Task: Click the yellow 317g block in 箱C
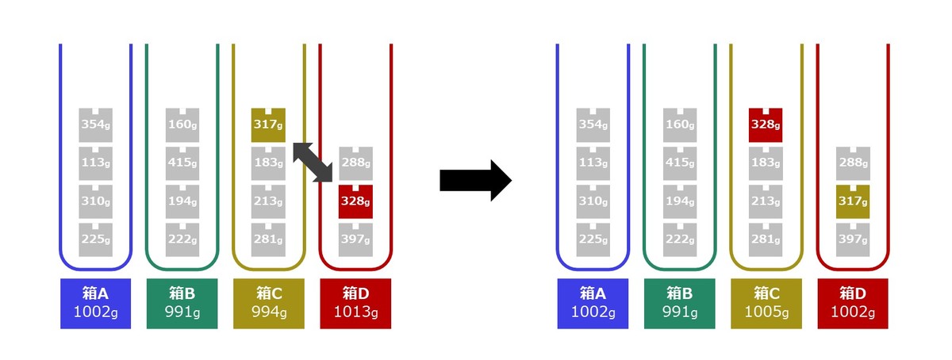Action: click(268, 125)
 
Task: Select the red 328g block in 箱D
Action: click(355, 201)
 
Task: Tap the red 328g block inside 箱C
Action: click(766, 125)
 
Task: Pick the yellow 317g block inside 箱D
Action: click(853, 201)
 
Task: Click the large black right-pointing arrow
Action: click(475, 180)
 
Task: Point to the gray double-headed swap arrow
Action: click(313, 163)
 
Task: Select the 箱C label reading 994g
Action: click(269, 304)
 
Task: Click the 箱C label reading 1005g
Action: click(766, 304)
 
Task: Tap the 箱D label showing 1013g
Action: click(355, 304)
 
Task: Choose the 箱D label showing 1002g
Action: click(853, 304)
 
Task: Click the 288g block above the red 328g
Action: click(355, 163)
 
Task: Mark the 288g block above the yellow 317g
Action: click(853, 163)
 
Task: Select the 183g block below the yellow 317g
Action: click(268, 163)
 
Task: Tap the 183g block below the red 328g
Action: click(766, 163)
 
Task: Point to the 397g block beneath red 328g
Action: click(355, 240)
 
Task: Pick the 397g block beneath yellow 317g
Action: click(853, 240)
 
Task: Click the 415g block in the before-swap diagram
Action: click(182, 163)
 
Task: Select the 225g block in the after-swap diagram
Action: click(593, 240)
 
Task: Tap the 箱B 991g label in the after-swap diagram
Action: click(680, 304)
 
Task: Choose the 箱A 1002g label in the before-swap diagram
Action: click(96, 304)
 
